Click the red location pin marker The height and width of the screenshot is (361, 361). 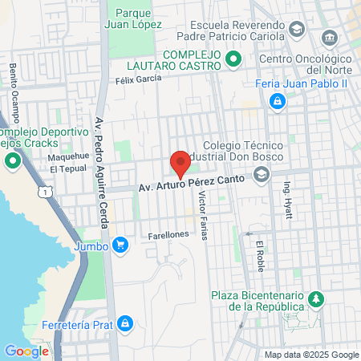tap(180, 164)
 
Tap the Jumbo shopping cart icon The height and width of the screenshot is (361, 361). tap(120, 244)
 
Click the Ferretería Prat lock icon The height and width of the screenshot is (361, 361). tap(124, 323)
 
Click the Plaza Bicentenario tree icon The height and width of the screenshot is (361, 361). tap(317, 300)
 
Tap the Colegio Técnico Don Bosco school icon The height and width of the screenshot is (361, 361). tap(261, 178)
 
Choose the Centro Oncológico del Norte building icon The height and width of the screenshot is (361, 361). tap(328, 39)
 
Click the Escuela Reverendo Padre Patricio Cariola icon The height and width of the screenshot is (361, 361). tap(296, 30)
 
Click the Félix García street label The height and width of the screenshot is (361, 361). tap(138, 79)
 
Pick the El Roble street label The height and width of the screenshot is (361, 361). tap(260, 254)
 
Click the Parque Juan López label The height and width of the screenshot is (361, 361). tap(135, 19)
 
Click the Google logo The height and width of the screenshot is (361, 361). tap(26, 351)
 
